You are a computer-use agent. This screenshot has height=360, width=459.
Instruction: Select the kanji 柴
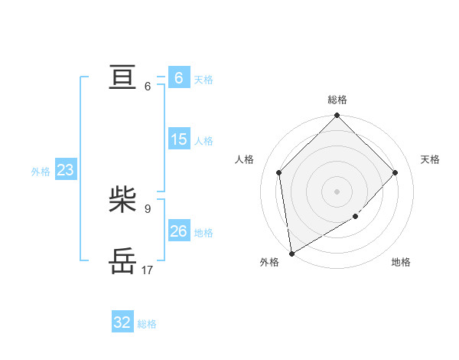coord(122,201)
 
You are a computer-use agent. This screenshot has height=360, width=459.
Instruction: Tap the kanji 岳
coord(122,261)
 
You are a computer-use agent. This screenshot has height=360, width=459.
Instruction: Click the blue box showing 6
coord(178,78)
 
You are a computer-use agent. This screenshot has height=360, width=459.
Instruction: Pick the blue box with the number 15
coord(178,139)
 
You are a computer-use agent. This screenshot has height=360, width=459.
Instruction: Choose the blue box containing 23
coord(65,170)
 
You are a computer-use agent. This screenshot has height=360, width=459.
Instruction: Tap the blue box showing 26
coord(178,231)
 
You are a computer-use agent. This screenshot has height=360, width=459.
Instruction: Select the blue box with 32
coord(122,322)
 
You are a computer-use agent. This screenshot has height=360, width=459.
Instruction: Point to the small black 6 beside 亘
coord(147,86)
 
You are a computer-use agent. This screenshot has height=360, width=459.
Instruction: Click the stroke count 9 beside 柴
coord(147,208)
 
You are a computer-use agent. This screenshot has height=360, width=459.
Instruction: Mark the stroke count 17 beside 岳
coord(148,270)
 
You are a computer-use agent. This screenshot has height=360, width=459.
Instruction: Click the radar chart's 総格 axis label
coord(337,100)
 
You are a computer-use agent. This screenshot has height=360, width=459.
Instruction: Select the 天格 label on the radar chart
coord(430,159)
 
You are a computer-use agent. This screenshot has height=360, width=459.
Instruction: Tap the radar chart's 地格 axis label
coord(401,262)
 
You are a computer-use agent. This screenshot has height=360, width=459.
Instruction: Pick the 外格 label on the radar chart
coord(269,262)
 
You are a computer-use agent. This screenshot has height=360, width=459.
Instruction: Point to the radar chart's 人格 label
coord(244,159)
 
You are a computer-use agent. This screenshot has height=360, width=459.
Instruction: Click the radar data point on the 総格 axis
coord(337,116)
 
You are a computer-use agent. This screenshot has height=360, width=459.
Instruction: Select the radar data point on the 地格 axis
coord(356,217)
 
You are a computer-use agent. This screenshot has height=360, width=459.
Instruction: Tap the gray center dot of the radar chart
coord(337,191)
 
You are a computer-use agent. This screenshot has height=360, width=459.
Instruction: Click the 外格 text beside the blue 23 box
coord(41,172)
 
